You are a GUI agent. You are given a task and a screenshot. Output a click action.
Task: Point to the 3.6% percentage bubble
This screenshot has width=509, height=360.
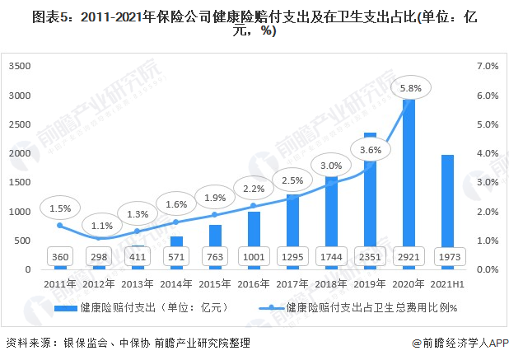(x=371, y=151)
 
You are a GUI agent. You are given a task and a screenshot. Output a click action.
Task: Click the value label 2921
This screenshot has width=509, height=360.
(x=408, y=256)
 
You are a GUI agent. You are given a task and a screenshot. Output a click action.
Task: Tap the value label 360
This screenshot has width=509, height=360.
(x=58, y=256)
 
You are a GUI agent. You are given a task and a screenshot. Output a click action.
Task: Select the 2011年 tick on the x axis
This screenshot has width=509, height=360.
(x=58, y=283)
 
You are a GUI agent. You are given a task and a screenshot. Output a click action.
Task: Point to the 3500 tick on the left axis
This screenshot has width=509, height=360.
(x=20, y=66)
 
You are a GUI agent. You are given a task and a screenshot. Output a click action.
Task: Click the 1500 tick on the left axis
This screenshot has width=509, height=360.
(x=20, y=182)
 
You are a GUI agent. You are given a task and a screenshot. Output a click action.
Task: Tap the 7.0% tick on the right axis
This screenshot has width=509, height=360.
(x=488, y=66)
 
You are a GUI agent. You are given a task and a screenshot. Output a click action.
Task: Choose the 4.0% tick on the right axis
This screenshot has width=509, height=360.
(x=488, y=153)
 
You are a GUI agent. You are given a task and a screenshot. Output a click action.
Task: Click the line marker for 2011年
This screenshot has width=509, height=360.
(x=59, y=225)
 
